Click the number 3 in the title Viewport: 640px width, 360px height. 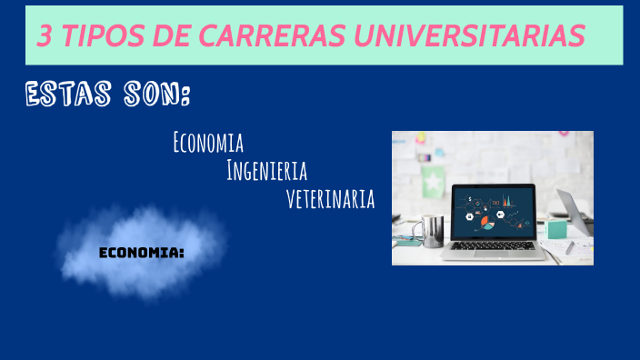click(x=45, y=35)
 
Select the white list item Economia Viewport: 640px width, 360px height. click(x=207, y=143)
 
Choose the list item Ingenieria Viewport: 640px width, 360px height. click(x=266, y=171)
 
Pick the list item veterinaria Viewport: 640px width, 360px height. click(x=330, y=199)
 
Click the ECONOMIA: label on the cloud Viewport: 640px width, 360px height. click(x=141, y=252)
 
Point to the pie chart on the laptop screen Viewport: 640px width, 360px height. click(x=487, y=222)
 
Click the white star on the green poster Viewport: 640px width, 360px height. click(x=433, y=185)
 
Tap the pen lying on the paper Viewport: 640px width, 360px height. click(x=569, y=246)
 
